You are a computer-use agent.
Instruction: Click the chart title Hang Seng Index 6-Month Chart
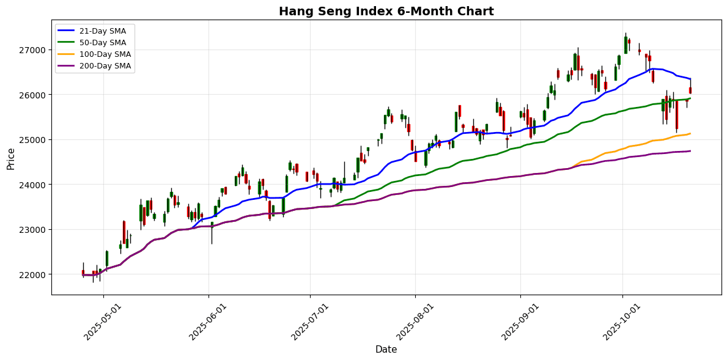point(386,11)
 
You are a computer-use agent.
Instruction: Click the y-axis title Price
point(10,158)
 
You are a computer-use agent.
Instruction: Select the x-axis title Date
point(386,350)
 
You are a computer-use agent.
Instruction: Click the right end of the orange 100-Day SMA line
point(690,133)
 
